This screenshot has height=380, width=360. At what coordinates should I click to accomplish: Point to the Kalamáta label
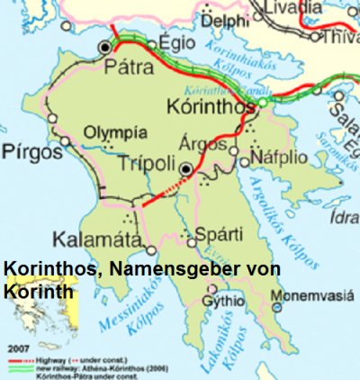point(96,240)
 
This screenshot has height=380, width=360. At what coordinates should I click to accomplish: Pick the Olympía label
point(113,132)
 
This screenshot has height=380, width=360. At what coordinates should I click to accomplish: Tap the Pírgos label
point(30,149)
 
